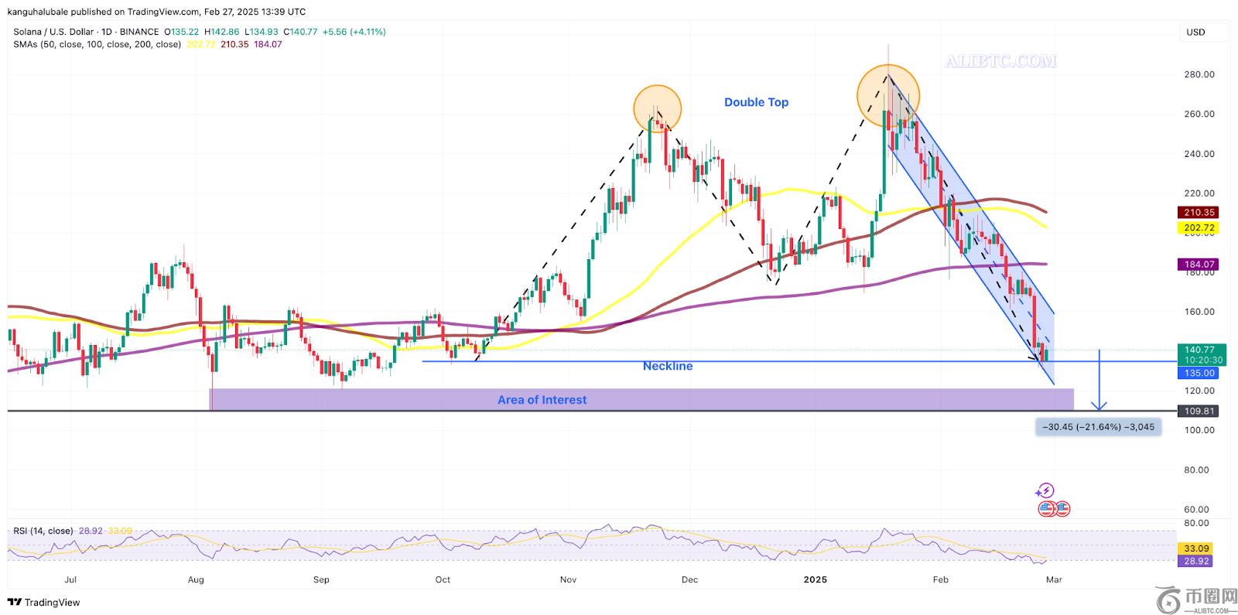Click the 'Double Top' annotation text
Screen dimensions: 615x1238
pos(756,102)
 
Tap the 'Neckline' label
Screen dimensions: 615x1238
pos(668,366)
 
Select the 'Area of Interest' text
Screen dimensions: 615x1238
pos(542,400)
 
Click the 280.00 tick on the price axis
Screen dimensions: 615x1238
pos(1199,74)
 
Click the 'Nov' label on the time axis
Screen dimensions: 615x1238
pos(568,579)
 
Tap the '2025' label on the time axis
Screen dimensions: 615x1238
pos(815,579)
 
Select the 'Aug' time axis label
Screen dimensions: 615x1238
pos(196,579)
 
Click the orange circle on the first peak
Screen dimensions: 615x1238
pos(657,108)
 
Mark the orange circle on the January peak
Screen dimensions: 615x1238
pos(887,96)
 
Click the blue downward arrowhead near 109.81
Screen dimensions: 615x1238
pos(1099,405)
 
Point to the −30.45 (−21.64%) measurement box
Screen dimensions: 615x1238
pos(1098,427)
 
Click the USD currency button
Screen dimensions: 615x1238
pos(1195,32)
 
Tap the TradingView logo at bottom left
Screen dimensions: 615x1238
pos(44,602)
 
